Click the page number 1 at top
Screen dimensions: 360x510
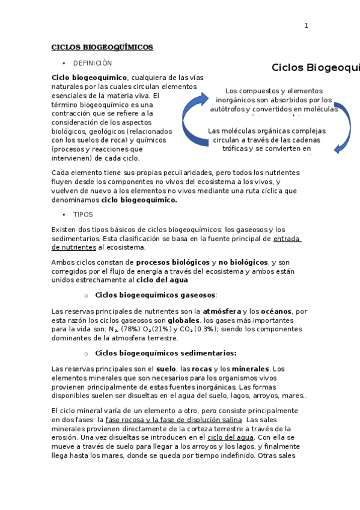point(306,25)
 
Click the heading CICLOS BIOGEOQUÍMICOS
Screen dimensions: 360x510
point(102,47)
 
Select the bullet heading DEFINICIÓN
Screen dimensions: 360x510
point(93,63)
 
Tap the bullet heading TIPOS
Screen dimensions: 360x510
point(83,214)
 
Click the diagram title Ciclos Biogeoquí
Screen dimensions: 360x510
point(315,67)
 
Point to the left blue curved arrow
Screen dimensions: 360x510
point(195,120)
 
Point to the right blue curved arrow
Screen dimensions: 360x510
point(343,130)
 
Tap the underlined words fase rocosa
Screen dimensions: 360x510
point(124,419)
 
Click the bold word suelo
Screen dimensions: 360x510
point(166,368)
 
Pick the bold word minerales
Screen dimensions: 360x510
point(251,368)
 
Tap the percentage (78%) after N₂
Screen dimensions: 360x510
point(130,329)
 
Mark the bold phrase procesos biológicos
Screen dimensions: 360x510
point(172,262)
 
